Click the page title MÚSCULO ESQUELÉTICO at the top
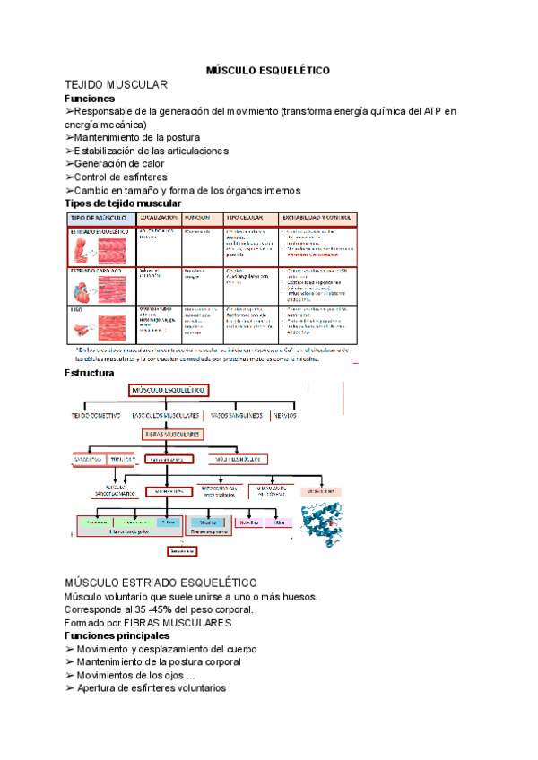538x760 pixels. click(x=268, y=70)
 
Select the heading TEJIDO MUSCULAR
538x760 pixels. click(x=117, y=84)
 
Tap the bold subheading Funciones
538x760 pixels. click(x=90, y=98)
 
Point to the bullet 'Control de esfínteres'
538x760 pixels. click(x=117, y=177)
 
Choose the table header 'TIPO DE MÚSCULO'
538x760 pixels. click(x=98, y=218)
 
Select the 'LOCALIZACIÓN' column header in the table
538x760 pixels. click(x=158, y=218)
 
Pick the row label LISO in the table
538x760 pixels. click(x=76, y=309)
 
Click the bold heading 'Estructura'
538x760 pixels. click(x=90, y=373)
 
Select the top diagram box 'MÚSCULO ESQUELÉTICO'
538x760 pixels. click(x=169, y=392)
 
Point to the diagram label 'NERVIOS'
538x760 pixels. click(x=286, y=415)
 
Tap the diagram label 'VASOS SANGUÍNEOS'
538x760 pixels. click(x=237, y=415)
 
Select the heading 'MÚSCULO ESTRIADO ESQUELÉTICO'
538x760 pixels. click(x=161, y=583)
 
